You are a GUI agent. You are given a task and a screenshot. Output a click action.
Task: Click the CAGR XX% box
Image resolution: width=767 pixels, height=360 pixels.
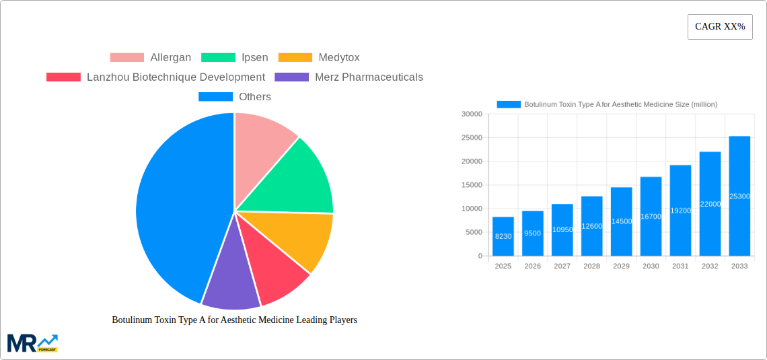point(720,27)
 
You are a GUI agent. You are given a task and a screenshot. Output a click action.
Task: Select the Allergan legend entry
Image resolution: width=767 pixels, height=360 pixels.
point(151,58)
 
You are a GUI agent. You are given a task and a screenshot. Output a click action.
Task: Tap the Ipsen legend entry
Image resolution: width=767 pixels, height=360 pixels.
point(235,58)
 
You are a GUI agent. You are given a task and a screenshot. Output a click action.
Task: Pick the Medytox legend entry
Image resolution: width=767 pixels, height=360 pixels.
point(319,58)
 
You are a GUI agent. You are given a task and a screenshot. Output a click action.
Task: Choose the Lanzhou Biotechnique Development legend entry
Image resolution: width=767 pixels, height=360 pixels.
point(155,77)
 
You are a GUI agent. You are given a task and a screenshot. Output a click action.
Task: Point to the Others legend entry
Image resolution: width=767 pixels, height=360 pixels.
point(235,97)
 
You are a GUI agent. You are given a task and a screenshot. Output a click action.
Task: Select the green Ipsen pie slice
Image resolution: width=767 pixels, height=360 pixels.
point(296,178)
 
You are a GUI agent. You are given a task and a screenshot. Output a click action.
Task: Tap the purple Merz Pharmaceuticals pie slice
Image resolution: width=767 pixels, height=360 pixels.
point(230,286)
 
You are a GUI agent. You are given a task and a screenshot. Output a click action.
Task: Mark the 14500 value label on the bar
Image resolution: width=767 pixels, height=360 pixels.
point(621,221)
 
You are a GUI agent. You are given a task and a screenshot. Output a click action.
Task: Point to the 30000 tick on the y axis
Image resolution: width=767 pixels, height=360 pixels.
point(472,114)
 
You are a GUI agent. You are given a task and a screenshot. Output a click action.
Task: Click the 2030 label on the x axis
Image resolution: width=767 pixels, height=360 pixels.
point(651,266)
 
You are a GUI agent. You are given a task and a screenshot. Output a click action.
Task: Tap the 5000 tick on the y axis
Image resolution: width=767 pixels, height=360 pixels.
point(474,232)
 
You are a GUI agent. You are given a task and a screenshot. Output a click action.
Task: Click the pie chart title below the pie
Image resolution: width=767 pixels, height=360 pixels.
point(234,320)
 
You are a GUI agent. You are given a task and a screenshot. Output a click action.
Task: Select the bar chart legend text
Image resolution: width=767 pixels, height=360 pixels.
point(620,104)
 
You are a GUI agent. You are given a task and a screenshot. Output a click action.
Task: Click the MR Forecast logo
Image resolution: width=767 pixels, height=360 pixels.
point(32,343)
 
